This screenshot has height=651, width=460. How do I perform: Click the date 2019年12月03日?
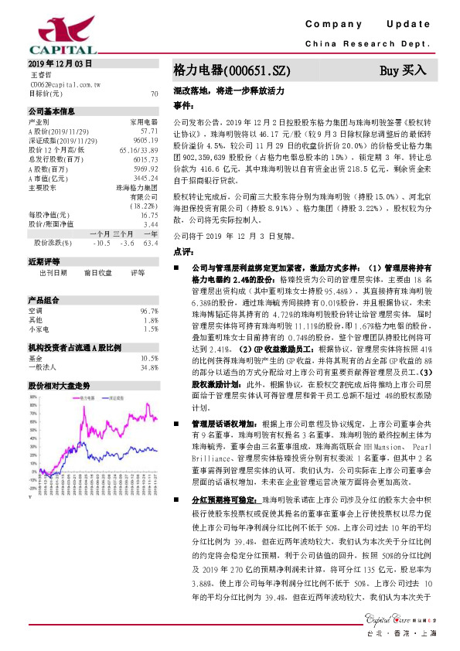(60, 63)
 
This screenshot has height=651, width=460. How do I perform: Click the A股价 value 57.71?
(149, 131)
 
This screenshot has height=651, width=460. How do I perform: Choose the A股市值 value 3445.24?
(145, 177)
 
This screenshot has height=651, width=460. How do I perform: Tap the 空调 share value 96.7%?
(148, 289)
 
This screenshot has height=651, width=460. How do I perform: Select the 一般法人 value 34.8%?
(148, 346)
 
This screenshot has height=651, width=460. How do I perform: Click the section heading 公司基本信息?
(51, 111)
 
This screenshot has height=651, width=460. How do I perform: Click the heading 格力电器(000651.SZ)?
(231, 70)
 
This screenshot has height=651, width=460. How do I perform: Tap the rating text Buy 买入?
(403, 70)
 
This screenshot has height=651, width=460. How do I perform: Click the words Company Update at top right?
(371, 25)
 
